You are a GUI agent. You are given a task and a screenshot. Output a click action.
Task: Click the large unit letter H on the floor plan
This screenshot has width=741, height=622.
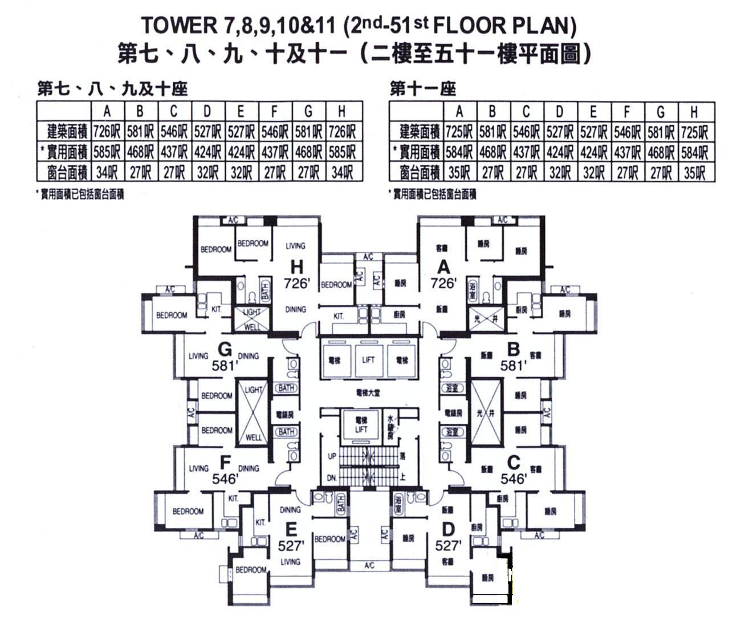click(x=296, y=267)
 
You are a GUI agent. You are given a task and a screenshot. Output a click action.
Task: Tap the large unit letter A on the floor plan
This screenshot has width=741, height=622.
click(x=443, y=267)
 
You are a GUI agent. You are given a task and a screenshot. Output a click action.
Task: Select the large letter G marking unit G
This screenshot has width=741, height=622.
click(x=224, y=349)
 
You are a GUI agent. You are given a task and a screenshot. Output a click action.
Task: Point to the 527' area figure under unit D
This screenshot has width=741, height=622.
click(x=447, y=546)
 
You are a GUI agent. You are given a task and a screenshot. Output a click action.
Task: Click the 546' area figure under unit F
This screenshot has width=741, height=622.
click(x=224, y=480)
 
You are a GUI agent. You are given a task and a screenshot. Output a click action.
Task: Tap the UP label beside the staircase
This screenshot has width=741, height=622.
click(x=332, y=456)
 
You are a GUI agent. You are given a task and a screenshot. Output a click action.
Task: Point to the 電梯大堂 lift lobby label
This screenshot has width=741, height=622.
click(x=368, y=393)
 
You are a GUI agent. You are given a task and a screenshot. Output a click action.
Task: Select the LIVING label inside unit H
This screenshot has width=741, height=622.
click(x=295, y=246)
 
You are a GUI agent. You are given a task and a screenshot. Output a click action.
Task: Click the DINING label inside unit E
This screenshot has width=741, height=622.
click(x=290, y=510)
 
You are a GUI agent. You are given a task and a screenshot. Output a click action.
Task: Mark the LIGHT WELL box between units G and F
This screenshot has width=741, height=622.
click(x=253, y=414)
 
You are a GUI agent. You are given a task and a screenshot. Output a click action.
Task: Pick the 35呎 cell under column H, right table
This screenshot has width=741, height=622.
click(x=694, y=171)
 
